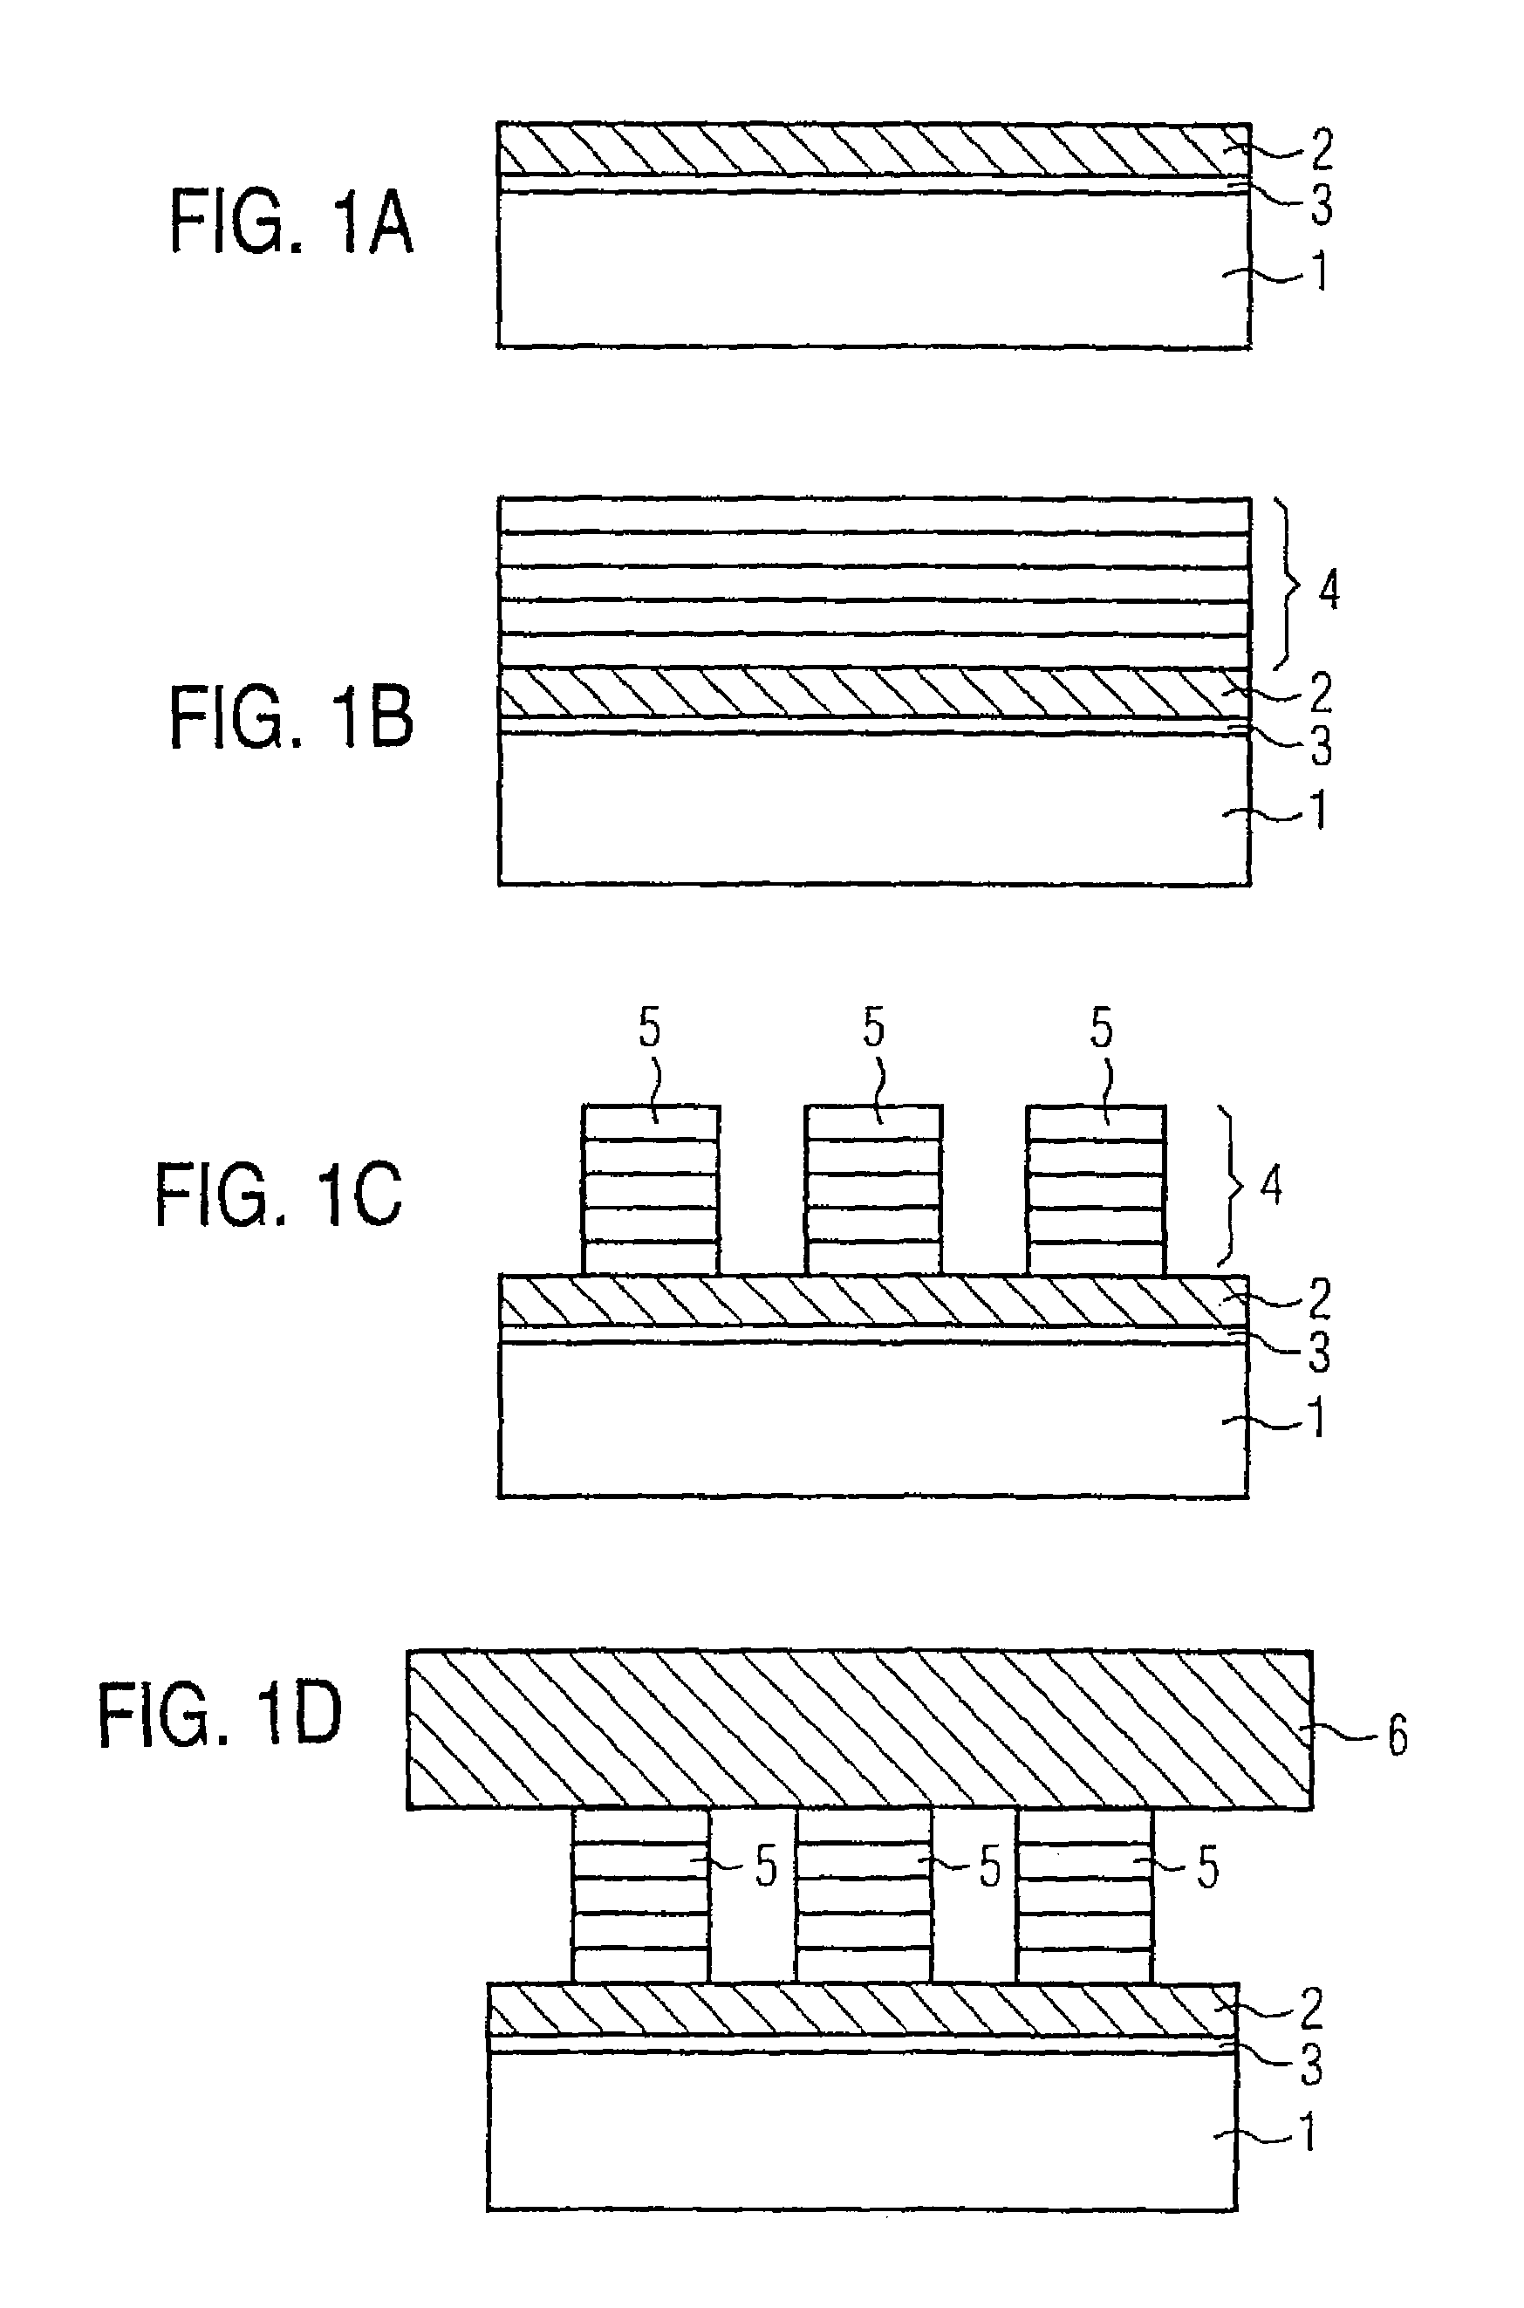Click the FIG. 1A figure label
click(291, 222)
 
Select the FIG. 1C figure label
click(278, 1195)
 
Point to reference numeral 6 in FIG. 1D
click(1398, 1736)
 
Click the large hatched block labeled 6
click(859, 1729)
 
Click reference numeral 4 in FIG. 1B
click(1329, 590)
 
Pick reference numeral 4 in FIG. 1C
click(1271, 1186)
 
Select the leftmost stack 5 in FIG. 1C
click(651, 1190)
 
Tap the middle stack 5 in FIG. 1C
click(873, 1190)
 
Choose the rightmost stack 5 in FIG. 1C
click(1096, 1190)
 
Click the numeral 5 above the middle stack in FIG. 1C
click(874, 1028)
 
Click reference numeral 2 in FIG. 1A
click(1322, 150)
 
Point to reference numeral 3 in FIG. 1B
click(1322, 746)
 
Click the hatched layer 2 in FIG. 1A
click(874, 148)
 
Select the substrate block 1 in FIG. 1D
click(862, 2131)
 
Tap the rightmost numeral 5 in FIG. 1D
click(1207, 1867)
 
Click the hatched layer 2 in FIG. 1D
click(862, 2010)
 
